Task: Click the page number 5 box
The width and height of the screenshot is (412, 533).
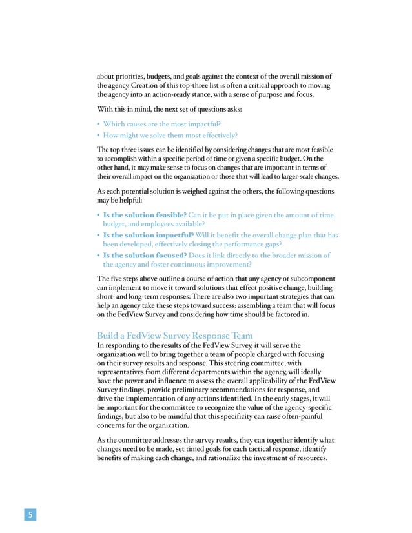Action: (29, 514)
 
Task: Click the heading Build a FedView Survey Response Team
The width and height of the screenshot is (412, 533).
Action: (174, 336)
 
